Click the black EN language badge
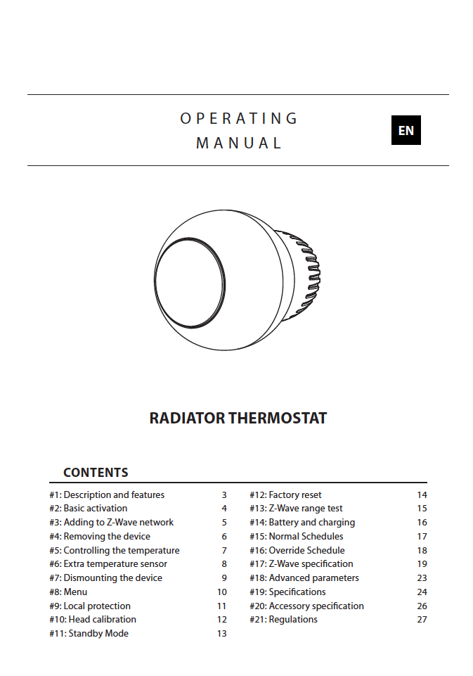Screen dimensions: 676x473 click(x=406, y=131)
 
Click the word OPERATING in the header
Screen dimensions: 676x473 click(x=239, y=118)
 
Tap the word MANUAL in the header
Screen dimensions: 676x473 click(x=239, y=143)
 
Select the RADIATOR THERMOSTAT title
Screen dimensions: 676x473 click(x=238, y=418)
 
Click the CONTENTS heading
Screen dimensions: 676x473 click(x=96, y=473)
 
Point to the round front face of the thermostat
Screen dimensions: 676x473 click(x=190, y=283)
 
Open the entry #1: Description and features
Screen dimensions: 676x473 click(x=107, y=495)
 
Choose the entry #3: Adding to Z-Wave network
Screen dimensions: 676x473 click(x=111, y=523)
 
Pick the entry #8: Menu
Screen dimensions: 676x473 click(x=68, y=592)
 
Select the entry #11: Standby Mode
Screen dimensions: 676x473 click(x=89, y=634)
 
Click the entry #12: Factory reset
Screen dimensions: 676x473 click(x=285, y=495)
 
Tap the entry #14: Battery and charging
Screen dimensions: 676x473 click(x=302, y=523)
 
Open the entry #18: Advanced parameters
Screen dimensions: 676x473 click(x=304, y=578)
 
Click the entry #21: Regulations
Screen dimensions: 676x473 click(x=283, y=620)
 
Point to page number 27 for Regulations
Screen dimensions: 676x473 click(x=422, y=620)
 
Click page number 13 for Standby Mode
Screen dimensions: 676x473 click(x=221, y=634)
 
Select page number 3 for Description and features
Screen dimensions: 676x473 click(x=224, y=495)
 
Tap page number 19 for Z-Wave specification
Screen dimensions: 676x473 click(x=422, y=564)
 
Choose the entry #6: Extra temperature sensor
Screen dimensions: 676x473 click(x=108, y=564)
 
